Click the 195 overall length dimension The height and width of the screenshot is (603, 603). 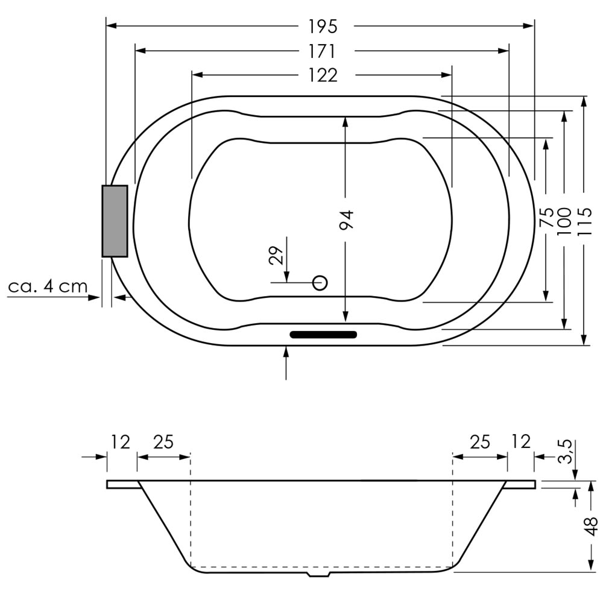point(323,27)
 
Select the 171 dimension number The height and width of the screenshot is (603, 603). point(322,51)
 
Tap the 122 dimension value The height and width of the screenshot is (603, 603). point(323,75)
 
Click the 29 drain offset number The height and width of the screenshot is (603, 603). point(276,255)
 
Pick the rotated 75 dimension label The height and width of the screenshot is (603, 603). point(546,217)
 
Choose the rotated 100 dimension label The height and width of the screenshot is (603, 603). point(564,221)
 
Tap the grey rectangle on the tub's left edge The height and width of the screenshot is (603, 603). point(115,221)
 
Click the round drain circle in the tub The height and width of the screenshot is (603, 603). point(320,283)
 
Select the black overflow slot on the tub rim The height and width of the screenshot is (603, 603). point(323,334)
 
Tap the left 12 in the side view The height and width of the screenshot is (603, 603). point(121,442)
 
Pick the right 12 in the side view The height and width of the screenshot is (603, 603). point(521,442)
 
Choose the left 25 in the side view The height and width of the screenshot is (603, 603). point(163,442)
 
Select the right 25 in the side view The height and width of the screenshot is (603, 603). point(480,442)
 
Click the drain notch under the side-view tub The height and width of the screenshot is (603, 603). point(319,575)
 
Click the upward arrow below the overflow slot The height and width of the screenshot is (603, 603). point(286,362)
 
